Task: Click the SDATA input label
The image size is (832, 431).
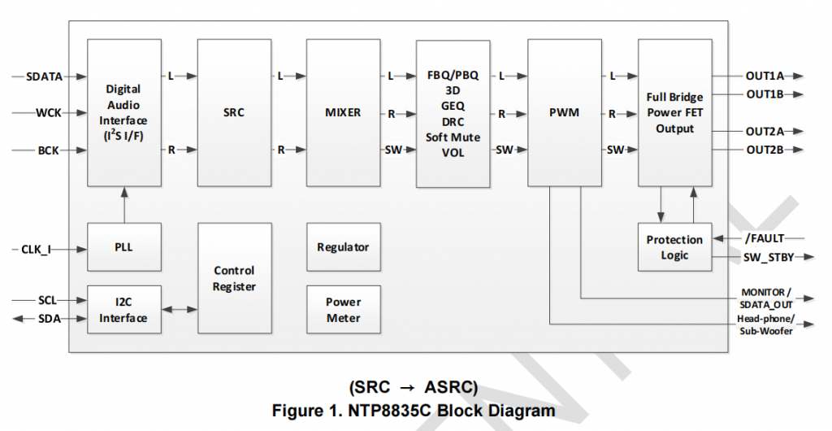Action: pyautogui.click(x=43, y=76)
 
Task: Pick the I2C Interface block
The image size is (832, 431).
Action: pyautogui.click(x=123, y=310)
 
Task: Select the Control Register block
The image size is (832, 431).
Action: pyautogui.click(x=234, y=278)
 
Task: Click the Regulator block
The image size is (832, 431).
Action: pyautogui.click(x=343, y=247)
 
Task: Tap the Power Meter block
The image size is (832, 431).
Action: pyautogui.click(x=343, y=310)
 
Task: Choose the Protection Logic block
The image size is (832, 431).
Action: pyautogui.click(x=674, y=247)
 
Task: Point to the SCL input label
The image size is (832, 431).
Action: pyautogui.click(x=48, y=300)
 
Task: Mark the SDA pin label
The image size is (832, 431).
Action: pyautogui.click(x=48, y=319)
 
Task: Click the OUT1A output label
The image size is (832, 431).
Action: pyautogui.click(x=764, y=76)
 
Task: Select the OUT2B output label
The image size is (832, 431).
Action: pyautogui.click(x=764, y=150)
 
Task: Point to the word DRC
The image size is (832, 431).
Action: pyautogui.click(x=453, y=120)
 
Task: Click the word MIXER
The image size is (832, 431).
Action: pyautogui.click(x=343, y=113)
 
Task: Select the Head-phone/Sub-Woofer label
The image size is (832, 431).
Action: pyautogui.click(x=765, y=324)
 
